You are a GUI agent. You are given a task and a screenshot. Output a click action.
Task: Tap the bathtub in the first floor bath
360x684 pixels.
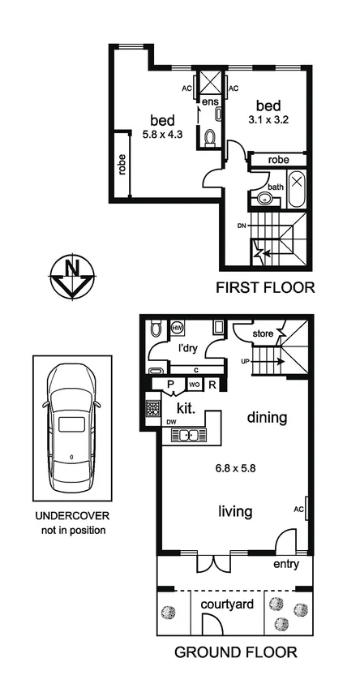[295, 188]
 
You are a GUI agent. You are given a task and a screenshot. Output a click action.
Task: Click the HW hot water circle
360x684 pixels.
[178, 328]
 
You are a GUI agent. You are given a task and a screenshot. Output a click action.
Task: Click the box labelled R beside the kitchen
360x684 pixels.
[212, 385]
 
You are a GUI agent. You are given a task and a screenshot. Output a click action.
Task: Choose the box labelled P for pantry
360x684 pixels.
[172, 385]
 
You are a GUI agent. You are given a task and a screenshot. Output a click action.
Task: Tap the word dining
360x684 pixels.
[268, 419]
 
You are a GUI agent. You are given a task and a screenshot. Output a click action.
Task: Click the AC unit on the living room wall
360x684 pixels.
[306, 508]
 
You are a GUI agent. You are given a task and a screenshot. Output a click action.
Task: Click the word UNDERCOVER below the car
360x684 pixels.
[71, 516]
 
